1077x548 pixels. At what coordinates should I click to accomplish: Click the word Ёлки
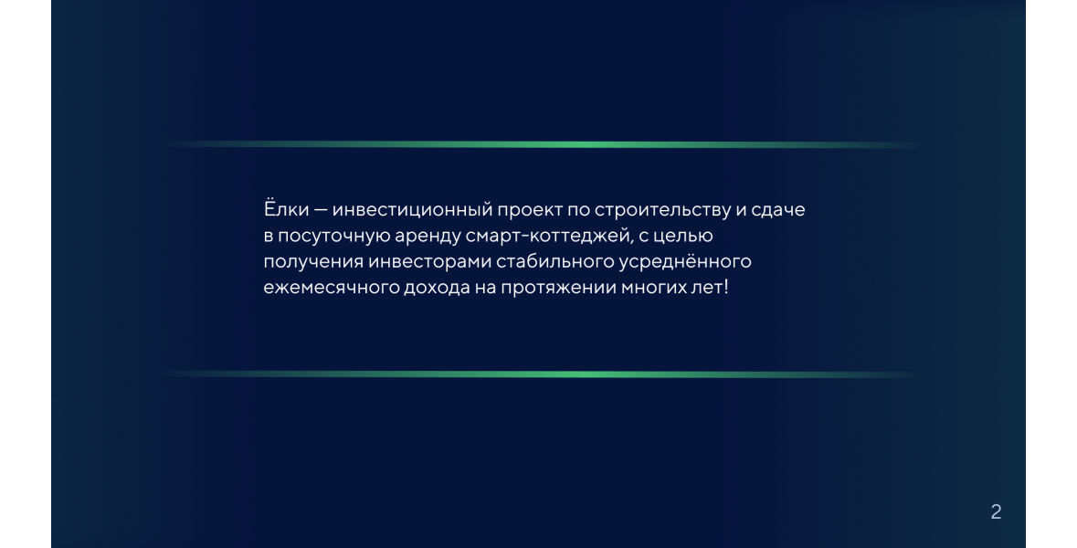pos(287,209)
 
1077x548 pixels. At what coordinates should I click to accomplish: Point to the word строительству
pos(662,210)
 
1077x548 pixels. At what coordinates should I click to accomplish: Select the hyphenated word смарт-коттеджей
pos(548,237)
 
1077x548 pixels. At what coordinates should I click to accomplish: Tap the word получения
pos(312,262)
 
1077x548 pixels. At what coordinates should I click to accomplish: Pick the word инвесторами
pos(429,262)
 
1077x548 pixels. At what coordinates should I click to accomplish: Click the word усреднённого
pos(685,261)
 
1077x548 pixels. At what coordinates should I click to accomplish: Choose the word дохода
pos(436,288)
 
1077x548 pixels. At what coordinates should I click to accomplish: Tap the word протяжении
pos(558,289)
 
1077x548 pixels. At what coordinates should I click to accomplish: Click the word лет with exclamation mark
pos(709,287)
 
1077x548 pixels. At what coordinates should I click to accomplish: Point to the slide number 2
pos(996,511)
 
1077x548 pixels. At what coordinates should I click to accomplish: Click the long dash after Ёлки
pos(321,210)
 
